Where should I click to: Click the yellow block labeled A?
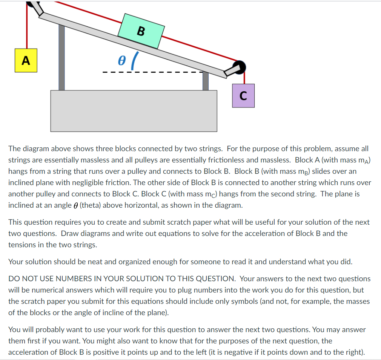(x=26, y=60)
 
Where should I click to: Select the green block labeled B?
(x=141, y=31)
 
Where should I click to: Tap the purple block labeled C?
(x=243, y=96)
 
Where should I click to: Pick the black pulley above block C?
(x=239, y=67)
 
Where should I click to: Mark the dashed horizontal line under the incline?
(x=151, y=72)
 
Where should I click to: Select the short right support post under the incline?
(x=206, y=81)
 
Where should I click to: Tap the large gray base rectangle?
(x=134, y=111)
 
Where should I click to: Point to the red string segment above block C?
(x=245, y=78)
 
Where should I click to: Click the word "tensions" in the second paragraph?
(x=22, y=245)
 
